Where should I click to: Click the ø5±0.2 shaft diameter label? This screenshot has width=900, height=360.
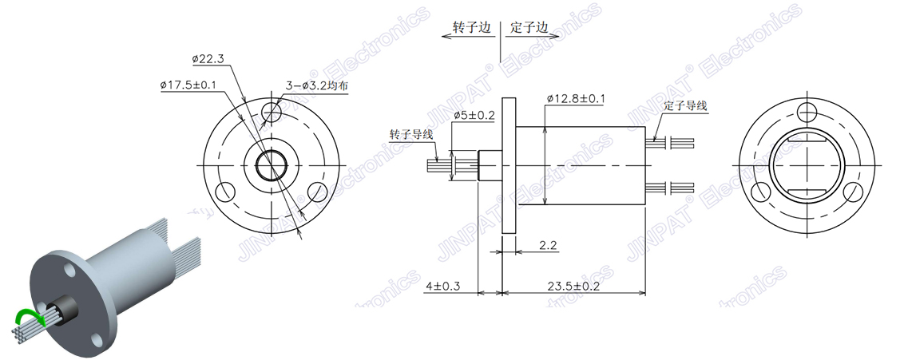click(474, 115)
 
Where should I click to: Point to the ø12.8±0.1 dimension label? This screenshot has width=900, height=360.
click(576, 98)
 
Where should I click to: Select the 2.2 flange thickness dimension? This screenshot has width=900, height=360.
click(548, 246)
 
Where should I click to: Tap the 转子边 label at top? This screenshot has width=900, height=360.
click(470, 27)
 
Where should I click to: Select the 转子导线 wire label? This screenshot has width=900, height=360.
click(411, 133)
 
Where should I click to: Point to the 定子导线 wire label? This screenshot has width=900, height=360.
click(685, 105)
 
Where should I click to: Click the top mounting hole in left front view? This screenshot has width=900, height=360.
click(272, 110)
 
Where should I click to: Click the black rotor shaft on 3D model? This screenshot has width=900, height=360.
click(59, 308)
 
